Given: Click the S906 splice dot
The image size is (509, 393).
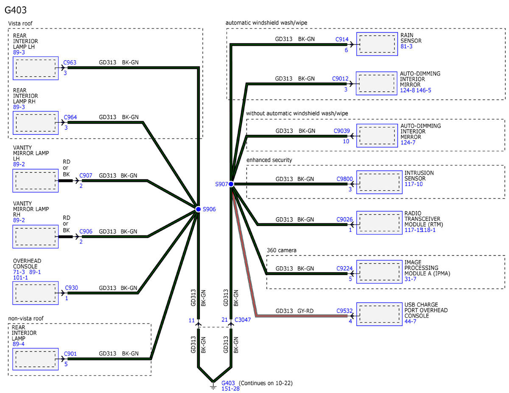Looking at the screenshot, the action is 198,209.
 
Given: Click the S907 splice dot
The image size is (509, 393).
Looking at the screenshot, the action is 231,184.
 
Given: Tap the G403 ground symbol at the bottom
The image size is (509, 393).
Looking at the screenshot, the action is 213,386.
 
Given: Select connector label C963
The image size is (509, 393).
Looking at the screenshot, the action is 70,62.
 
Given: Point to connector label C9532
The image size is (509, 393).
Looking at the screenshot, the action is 344,311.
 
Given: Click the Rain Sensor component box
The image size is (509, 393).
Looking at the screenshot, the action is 377,44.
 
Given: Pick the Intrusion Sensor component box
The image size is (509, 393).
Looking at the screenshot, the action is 379,182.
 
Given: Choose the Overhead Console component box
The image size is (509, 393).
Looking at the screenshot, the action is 36,293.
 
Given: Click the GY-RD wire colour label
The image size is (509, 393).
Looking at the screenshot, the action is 305,311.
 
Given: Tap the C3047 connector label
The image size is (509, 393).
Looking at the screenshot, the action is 243,320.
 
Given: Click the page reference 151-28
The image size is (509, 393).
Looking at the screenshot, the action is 230,389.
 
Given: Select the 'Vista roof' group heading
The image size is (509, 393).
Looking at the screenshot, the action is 20,23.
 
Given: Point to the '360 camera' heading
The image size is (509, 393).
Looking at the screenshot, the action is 282,250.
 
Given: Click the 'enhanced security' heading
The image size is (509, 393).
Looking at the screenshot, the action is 269,160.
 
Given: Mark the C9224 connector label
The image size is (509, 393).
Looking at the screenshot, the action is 344,268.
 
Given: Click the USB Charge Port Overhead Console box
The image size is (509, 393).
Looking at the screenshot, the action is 379,314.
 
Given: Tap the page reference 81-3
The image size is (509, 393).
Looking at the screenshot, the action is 406,46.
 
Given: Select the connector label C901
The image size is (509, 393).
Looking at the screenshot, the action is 70,354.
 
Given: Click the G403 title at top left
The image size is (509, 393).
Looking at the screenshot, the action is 15,10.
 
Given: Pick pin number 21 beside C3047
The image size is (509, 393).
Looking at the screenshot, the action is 225,320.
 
